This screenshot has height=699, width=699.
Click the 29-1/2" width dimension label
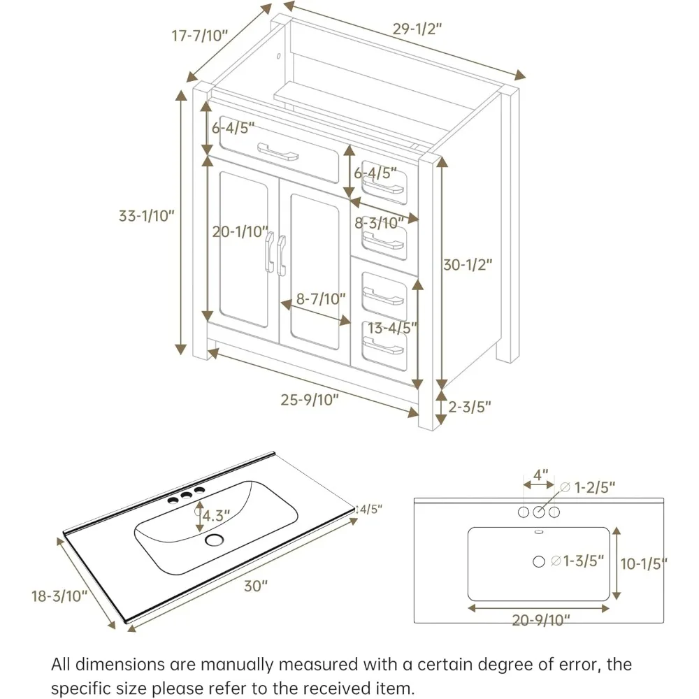pyautogui.click(x=417, y=29)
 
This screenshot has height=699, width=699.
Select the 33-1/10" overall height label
pyautogui.click(x=145, y=216)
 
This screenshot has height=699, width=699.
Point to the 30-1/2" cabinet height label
pyautogui.click(x=468, y=265)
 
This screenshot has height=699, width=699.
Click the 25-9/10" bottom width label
pyautogui.click(x=310, y=400)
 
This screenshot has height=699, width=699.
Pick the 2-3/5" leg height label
pyautogui.click(x=469, y=407)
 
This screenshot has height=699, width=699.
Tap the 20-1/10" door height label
pyautogui.click(x=240, y=231)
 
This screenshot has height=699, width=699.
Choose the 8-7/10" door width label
pyautogui.click(x=321, y=299)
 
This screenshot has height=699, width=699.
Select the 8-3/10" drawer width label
pyautogui.click(x=380, y=223)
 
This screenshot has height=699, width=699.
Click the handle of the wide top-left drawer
pyautogui.click(x=278, y=152)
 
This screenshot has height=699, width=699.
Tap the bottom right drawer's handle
pyautogui.click(x=384, y=345)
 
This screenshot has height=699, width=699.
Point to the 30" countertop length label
pyautogui.click(x=256, y=586)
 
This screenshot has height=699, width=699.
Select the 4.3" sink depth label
pyautogui.click(x=215, y=516)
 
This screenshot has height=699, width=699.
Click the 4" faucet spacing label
pyautogui.click(x=540, y=475)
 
